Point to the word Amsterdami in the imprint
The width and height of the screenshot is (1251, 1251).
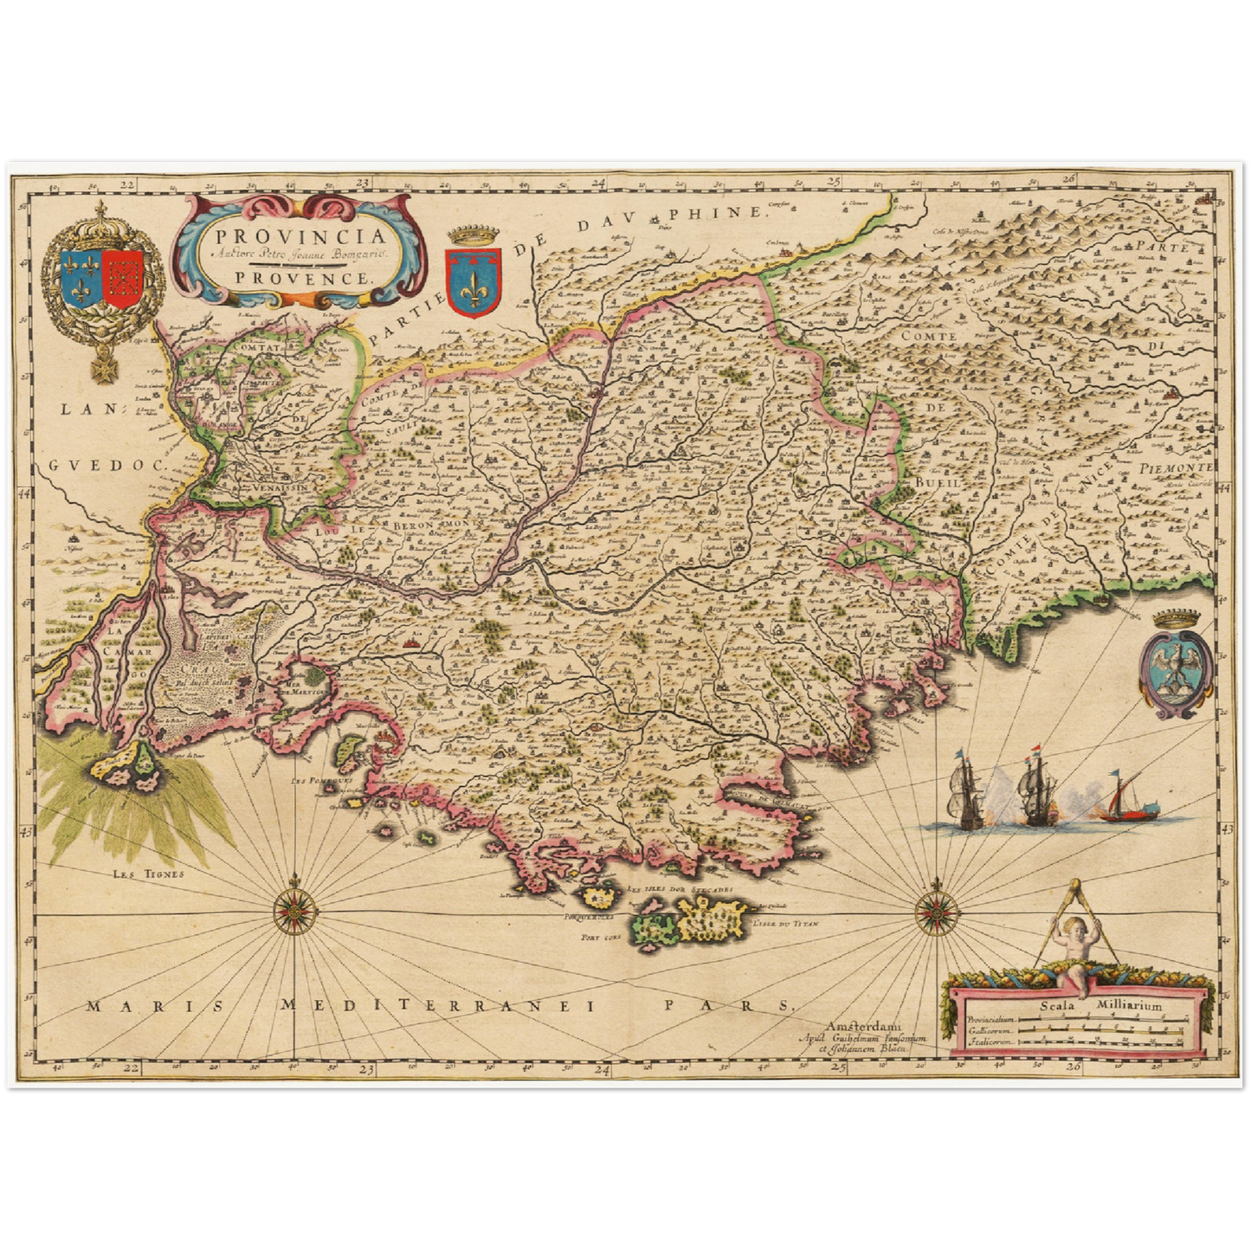862,1026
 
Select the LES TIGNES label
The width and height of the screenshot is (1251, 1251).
149,874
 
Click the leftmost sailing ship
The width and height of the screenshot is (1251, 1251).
966,788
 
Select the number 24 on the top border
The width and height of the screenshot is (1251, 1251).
599,183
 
